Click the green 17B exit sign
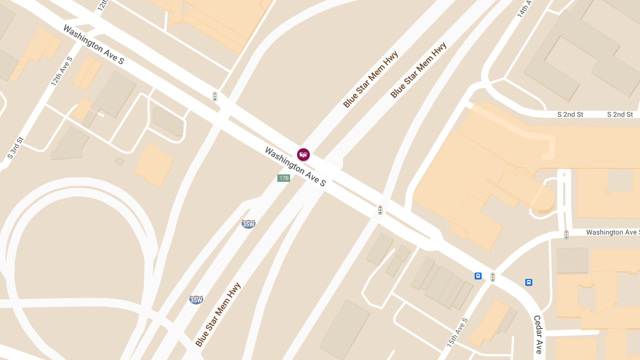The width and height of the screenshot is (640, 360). click(283, 178)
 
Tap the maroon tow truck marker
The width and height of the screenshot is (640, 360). click(303, 155)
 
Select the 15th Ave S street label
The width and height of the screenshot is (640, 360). click(457, 331)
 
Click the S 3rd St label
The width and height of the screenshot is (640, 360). click(15, 148)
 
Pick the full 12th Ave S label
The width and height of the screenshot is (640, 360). click(61, 71)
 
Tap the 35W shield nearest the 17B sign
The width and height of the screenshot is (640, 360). click(249, 224)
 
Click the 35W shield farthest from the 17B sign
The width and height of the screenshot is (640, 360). click(196, 300)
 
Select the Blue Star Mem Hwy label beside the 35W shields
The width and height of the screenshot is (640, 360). click(218, 315)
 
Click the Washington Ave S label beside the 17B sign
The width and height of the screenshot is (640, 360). click(295, 166)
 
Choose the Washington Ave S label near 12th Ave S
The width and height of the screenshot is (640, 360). click(93, 45)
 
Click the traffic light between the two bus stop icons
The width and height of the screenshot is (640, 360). click(493, 277)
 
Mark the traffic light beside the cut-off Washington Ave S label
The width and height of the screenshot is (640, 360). click(566, 234)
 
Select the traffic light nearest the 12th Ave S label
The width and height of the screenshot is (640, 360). click(215, 97)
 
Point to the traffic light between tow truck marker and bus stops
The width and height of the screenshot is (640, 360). click(380, 210)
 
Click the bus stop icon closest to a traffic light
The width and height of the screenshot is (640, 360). click(478, 276)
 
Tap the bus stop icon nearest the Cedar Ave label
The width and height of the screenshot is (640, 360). click(529, 282)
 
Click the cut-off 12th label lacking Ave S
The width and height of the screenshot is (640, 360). click(102, 5)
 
